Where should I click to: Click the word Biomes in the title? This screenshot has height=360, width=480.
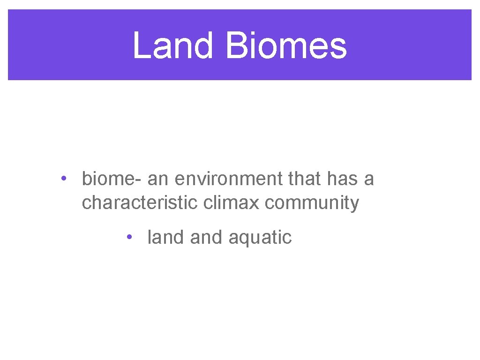(286, 45)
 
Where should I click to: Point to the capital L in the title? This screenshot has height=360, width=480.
(140, 45)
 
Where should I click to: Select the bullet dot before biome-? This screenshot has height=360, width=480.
(63, 179)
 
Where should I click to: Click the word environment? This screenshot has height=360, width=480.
(228, 179)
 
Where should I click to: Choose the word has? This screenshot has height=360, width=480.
(342, 179)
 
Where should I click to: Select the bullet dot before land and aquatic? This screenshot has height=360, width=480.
(128, 237)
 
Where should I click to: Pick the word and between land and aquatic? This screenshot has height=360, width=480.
(207, 237)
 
